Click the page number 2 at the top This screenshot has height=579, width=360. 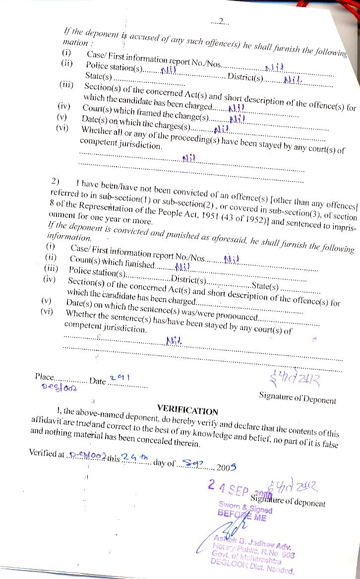pos(222,21)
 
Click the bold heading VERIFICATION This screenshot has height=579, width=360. pos(187,410)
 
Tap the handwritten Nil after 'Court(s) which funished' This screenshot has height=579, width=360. pos(183,266)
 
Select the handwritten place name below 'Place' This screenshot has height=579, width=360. pos(59,388)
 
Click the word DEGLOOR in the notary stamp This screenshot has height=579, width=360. pos(230,561)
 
